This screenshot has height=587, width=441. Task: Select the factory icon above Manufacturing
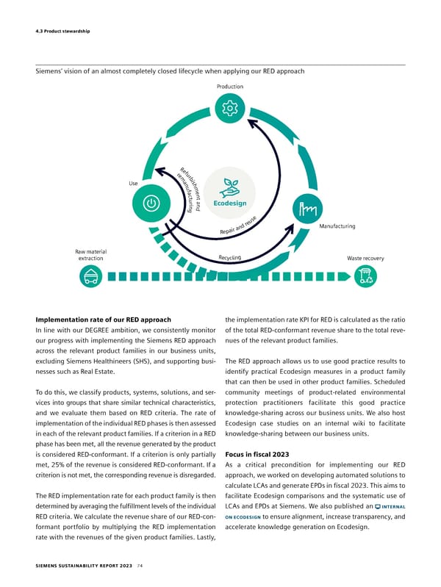click(x=304, y=208)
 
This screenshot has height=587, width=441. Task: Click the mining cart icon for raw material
click(x=91, y=277)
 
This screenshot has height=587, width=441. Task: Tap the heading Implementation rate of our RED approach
click(x=104, y=320)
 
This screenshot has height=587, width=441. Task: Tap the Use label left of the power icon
click(x=132, y=183)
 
